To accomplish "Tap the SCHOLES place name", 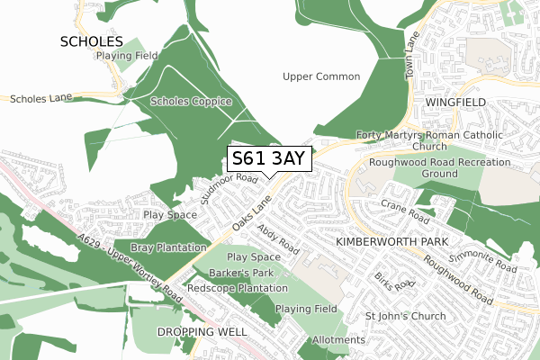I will point(91,40).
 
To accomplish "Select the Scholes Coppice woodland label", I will point(191,101).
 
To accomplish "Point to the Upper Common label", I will point(321,76).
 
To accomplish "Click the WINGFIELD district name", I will point(456,102).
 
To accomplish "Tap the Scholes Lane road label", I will point(40,98).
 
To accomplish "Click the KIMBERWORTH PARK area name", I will point(385,243).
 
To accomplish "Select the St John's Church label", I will point(405,316).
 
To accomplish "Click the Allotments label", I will point(338,340).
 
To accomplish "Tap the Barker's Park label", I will point(240,272).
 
